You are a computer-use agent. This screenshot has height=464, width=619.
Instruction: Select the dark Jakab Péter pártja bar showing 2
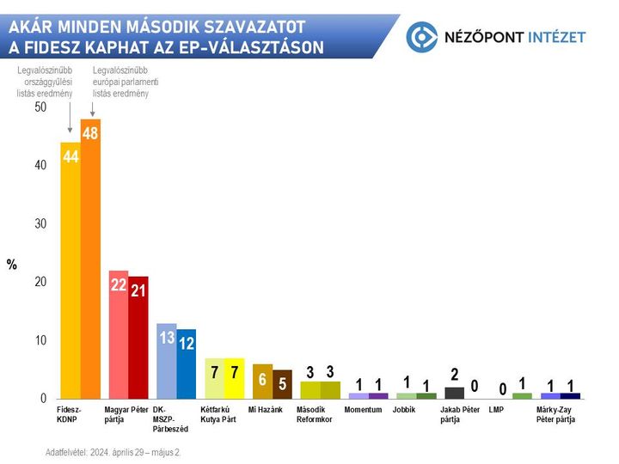pos(454,393)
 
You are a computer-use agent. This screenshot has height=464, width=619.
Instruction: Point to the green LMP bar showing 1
pos(522,395)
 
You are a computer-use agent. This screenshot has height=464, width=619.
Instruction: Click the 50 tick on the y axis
pos(40,107)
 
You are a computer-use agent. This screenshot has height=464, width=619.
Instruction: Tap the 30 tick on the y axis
pos(40,223)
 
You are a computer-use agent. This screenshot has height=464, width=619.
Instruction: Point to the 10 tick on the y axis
pos(40,340)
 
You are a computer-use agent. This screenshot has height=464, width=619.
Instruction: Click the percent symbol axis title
pos(12,265)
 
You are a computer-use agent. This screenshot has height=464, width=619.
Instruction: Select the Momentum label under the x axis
pos(362,410)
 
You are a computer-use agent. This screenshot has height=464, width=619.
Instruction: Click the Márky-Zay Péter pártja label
pos(556,414)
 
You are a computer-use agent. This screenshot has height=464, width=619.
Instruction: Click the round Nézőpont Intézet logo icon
pos(422,36)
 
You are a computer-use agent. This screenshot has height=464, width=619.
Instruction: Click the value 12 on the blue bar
pos(187,343)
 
